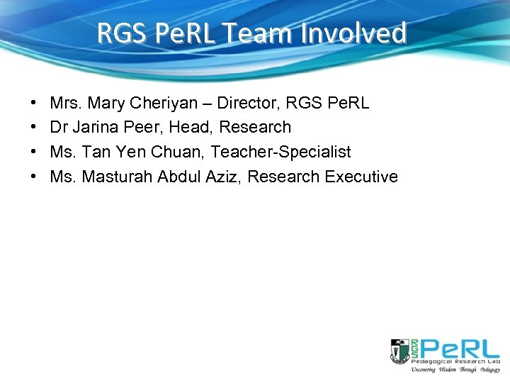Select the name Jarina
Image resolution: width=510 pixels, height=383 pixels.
96,128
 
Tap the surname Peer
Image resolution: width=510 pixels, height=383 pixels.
144,128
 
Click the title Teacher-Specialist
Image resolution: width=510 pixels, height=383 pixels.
280,152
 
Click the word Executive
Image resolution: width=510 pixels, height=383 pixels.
361,177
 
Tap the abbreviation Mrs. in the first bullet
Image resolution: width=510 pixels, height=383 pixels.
64,103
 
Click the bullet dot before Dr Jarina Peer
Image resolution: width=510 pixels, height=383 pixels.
35,128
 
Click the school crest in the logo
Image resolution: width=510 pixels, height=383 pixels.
399,351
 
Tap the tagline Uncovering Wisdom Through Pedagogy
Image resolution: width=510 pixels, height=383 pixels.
455,370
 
